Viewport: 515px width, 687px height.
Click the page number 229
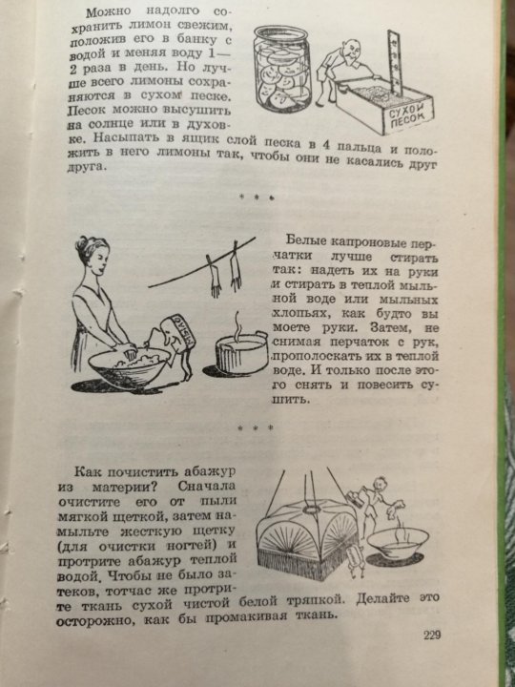coord(432,635)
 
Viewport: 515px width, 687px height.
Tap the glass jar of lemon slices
coord(282,69)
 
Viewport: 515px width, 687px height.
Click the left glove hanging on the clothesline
coord(215,277)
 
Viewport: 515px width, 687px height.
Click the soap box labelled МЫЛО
coord(181,333)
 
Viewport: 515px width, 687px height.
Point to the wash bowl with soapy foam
coord(129,365)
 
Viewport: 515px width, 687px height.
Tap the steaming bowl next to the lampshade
coord(397,543)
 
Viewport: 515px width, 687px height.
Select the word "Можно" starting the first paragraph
coord(105,11)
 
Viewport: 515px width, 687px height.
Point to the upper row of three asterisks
coord(257,198)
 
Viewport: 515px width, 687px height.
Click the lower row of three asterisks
coord(256,428)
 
